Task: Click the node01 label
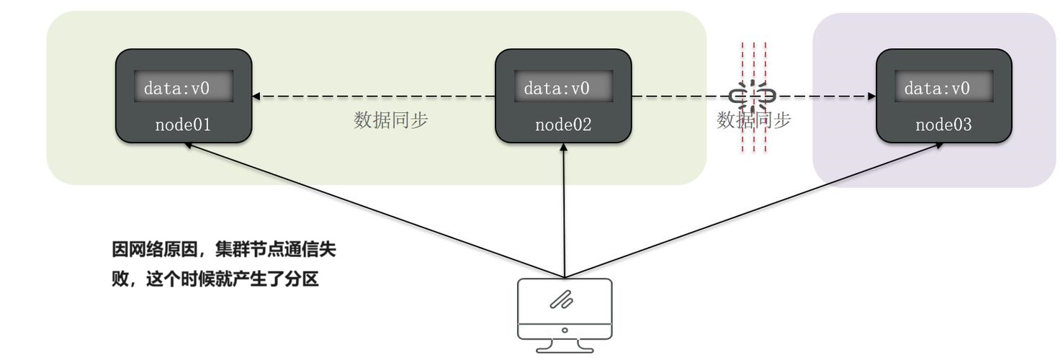click(x=183, y=125)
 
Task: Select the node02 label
click(x=563, y=125)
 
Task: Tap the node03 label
click(x=943, y=125)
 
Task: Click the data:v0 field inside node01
click(x=183, y=88)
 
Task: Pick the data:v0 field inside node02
click(x=563, y=88)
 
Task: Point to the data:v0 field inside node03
click(x=943, y=88)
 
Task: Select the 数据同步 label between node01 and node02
click(x=390, y=120)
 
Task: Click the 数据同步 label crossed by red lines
click(x=753, y=120)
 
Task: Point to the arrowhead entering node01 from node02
click(x=256, y=96)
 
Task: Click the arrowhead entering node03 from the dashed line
click(x=871, y=96)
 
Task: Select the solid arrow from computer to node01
click(x=374, y=210)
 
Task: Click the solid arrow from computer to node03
click(x=753, y=210)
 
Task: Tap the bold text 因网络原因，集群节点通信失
click(x=223, y=251)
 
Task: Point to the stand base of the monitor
click(x=565, y=348)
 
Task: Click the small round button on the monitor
click(x=565, y=330)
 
